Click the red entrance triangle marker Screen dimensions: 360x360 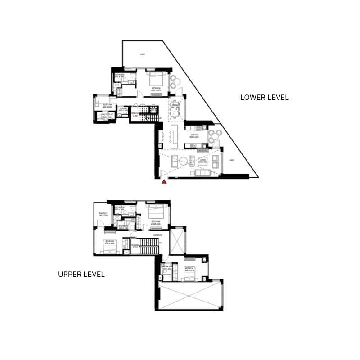pyautogui.click(x=165, y=182)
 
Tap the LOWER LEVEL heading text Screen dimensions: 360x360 pyautogui.click(x=264, y=97)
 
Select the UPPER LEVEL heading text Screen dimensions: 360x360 pyautogui.click(x=81, y=274)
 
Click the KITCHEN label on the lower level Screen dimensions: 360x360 pyautogui.click(x=194, y=135)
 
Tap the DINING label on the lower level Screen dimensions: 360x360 pyautogui.click(x=175, y=106)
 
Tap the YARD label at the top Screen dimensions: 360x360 pyautogui.click(x=142, y=55)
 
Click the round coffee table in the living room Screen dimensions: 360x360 pyautogui.click(x=183, y=161)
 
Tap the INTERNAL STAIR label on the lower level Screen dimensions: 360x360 pyautogui.click(x=135, y=114)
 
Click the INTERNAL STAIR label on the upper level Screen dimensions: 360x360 pyautogui.click(x=135, y=246)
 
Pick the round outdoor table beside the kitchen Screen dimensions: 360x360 pyautogui.click(x=216, y=135)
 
